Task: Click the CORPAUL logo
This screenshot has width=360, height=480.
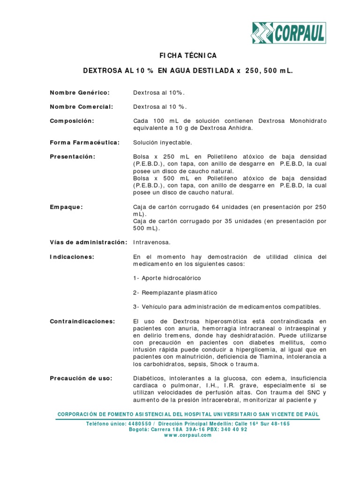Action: click(x=288, y=33)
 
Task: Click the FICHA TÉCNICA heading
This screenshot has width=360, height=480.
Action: click(x=188, y=56)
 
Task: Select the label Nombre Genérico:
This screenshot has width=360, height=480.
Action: click(x=80, y=92)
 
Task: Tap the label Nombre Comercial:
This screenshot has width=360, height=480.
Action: click(x=82, y=106)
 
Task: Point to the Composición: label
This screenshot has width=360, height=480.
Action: click(x=72, y=121)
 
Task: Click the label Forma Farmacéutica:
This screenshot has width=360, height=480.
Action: click(x=84, y=142)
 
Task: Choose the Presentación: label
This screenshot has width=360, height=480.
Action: click(x=73, y=157)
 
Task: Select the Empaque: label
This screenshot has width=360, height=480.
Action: click(x=67, y=207)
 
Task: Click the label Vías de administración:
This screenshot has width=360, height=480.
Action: click(x=89, y=242)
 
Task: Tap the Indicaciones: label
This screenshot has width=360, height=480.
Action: click(x=72, y=257)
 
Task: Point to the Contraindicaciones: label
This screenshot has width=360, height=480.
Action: click(x=82, y=321)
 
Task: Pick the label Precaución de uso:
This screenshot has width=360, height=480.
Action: click(x=81, y=378)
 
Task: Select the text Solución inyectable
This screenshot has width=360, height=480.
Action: click(x=163, y=142)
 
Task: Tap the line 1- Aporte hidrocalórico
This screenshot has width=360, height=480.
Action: click(x=167, y=278)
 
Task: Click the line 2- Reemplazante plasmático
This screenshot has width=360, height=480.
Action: click(x=175, y=292)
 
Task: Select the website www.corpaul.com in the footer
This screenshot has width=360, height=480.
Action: click(x=188, y=435)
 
